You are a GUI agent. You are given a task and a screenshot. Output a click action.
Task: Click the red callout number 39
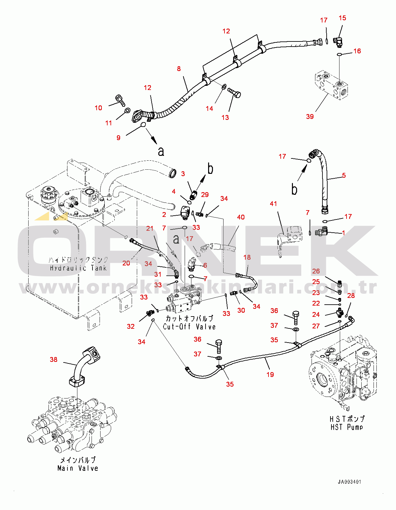click(310, 116)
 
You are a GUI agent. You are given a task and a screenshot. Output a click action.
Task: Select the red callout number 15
click(342, 18)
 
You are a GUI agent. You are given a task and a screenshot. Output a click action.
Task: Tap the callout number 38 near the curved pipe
click(54, 359)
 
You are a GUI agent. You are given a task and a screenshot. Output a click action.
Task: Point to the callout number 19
click(270, 374)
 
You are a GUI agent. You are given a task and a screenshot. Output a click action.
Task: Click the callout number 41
click(273, 203)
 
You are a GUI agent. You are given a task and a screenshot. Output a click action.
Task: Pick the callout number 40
click(241, 217)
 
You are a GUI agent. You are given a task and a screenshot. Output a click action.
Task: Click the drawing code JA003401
click(349, 482)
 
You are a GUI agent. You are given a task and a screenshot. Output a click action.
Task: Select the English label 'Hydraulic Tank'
click(78, 268)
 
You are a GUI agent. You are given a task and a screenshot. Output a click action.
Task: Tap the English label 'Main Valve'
click(78, 468)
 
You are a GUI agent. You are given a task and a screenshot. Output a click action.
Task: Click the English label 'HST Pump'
click(347, 427)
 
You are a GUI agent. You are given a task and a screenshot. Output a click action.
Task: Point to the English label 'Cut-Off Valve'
click(189, 327)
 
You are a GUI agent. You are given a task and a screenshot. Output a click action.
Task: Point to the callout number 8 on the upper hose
click(179, 68)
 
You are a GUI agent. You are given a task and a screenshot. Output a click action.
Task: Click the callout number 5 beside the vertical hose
click(344, 175)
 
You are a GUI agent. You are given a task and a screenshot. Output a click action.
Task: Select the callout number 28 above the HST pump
click(351, 295)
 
